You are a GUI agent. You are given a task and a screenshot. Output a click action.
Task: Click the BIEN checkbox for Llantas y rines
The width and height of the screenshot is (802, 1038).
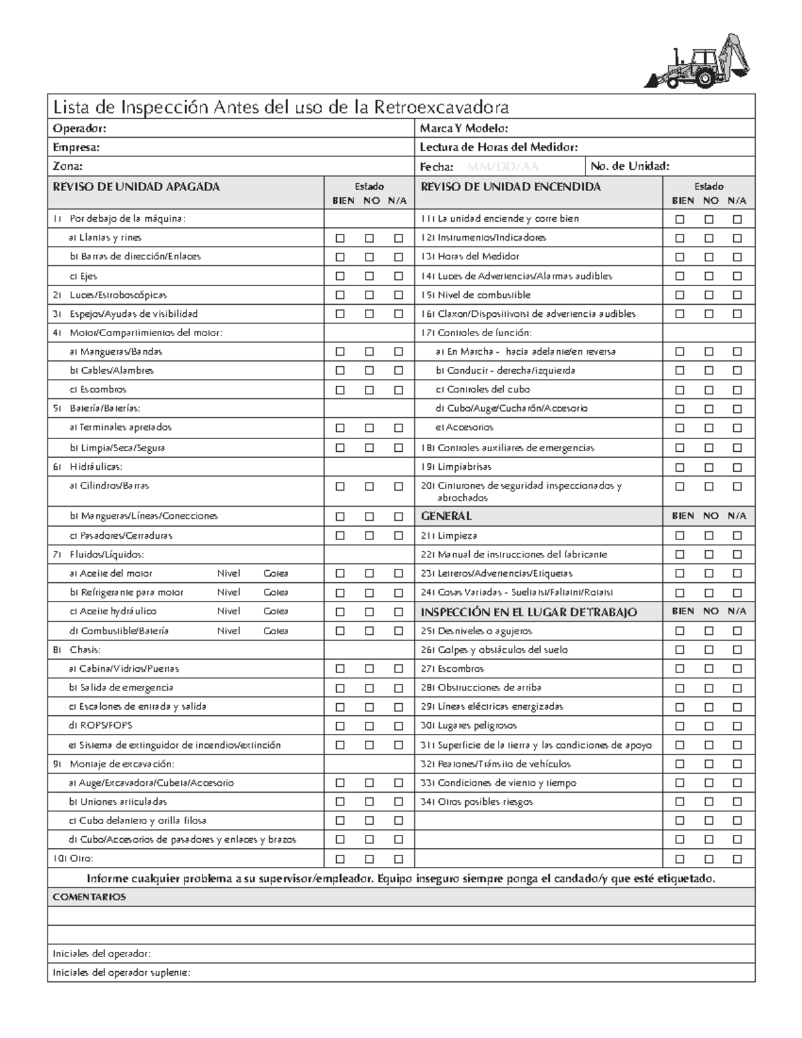pyautogui.click(x=340, y=238)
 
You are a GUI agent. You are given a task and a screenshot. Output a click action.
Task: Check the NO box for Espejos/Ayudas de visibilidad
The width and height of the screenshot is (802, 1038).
pyautogui.click(x=369, y=314)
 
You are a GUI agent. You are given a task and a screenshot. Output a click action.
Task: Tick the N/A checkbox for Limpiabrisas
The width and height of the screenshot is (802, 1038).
pyautogui.click(x=737, y=467)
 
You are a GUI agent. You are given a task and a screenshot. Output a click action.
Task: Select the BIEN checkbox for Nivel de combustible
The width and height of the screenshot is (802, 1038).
pyautogui.click(x=680, y=295)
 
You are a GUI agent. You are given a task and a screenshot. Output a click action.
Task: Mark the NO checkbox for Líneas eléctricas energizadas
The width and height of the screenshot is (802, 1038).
pyautogui.click(x=708, y=706)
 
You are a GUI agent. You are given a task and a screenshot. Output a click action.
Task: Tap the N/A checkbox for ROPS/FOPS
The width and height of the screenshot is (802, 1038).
pyautogui.click(x=398, y=726)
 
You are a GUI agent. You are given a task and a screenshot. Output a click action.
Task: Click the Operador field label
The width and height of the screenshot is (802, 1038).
pyautogui.click(x=80, y=128)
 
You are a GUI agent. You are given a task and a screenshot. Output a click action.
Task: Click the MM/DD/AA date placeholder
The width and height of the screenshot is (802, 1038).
pyautogui.click(x=502, y=166)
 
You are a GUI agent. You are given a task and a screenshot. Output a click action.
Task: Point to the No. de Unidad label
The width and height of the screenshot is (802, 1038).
pyautogui.click(x=630, y=166)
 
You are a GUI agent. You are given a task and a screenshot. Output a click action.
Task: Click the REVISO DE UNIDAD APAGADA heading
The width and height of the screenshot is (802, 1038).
pyautogui.click(x=136, y=187)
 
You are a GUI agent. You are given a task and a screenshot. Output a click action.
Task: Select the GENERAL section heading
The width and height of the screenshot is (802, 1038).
pyautogui.click(x=446, y=516)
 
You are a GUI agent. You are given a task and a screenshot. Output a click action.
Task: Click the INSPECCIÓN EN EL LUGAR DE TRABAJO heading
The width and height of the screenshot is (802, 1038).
pyautogui.click(x=528, y=612)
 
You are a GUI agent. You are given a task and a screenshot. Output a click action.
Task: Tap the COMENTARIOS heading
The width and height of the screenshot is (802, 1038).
pyautogui.click(x=89, y=897)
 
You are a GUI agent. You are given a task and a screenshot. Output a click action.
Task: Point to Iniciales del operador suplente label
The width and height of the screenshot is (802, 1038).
pyautogui.click(x=121, y=972)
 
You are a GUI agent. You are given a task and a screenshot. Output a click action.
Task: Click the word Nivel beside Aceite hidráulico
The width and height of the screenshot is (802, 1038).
pyautogui.click(x=229, y=611)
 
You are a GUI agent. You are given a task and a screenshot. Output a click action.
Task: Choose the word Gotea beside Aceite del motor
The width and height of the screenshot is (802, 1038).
pyautogui.click(x=276, y=573)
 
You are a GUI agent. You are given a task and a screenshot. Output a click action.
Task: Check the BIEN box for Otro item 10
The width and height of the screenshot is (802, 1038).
pyautogui.click(x=340, y=859)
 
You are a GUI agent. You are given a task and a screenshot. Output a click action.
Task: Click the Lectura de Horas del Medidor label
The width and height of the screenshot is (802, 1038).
pyautogui.click(x=499, y=147)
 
